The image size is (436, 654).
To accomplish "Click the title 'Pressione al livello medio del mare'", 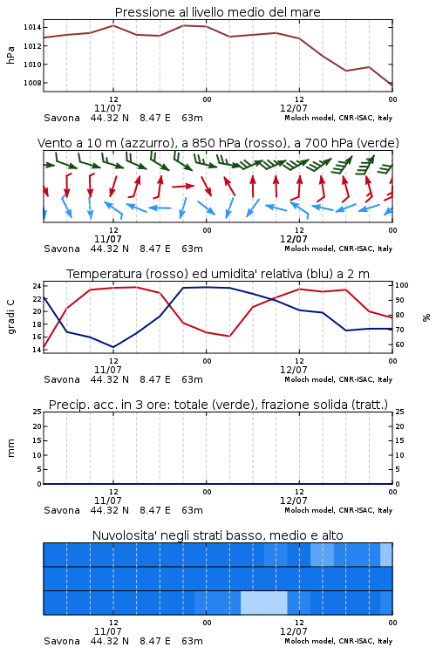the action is [x=217, y=12].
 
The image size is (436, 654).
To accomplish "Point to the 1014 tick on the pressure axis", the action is [x=32, y=28].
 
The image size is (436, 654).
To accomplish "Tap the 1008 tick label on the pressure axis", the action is [x=32, y=83].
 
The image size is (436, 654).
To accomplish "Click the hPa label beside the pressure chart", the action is [x=10, y=55].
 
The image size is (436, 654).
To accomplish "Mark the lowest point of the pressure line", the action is [x=392, y=85].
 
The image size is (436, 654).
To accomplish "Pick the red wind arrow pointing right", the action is [x=183, y=186].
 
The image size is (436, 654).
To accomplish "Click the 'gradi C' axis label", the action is [x=10, y=317].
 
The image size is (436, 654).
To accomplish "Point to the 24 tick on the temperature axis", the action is [x=37, y=286].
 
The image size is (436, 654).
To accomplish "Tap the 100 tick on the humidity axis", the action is [x=401, y=285].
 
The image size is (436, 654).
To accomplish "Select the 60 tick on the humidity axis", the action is [x=399, y=344].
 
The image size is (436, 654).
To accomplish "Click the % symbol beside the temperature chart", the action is [x=426, y=317].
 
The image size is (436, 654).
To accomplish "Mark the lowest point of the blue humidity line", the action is [x=113, y=347].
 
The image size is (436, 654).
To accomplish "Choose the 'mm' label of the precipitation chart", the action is [x=10, y=448].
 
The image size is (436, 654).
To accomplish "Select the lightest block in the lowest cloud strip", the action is [x=264, y=603].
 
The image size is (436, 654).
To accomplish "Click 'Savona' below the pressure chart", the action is [x=62, y=118].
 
